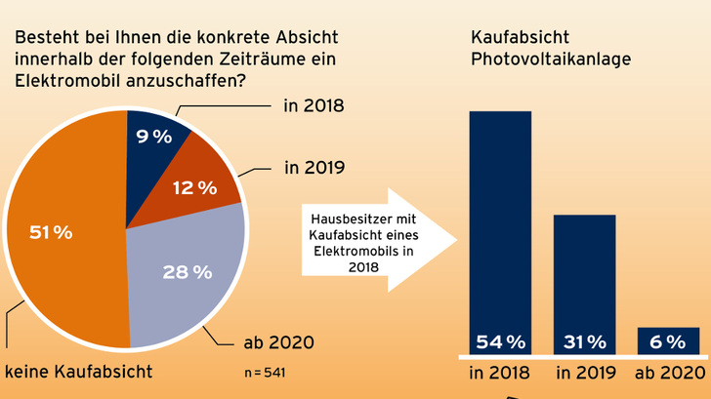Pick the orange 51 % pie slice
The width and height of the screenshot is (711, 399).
click(59, 234)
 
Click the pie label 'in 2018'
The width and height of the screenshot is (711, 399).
click(313, 104)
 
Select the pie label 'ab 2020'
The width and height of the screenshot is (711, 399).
click(277, 341)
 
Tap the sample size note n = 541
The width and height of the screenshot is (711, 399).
click(265, 373)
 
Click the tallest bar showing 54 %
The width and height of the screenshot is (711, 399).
click(500, 224)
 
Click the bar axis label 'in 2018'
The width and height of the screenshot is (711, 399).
click(500, 372)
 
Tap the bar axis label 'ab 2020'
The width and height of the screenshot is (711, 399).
click(668, 372)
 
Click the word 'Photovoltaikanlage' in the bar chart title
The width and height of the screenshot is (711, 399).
click(551, 60)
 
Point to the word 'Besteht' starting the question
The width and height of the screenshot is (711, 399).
click(42, 37)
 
